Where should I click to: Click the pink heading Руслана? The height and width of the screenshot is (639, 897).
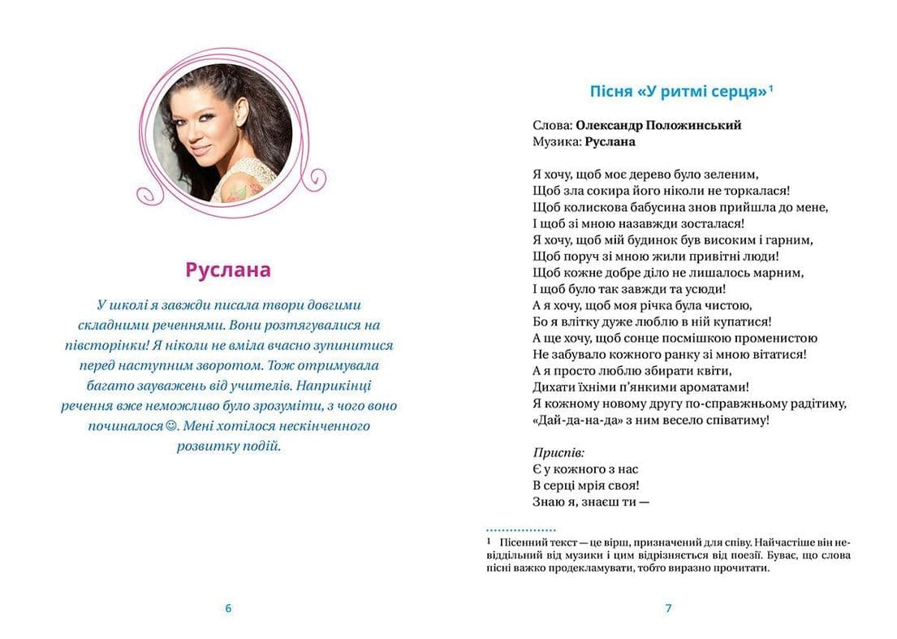point(228,270)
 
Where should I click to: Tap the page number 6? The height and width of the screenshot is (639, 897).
point(228,608)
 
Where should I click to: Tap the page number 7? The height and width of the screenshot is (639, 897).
point(668,608)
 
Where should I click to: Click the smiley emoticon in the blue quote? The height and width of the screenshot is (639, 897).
point(170,425)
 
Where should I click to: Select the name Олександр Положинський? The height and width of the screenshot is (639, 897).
point(658,125)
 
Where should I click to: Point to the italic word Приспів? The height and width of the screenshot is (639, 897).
point(558,452)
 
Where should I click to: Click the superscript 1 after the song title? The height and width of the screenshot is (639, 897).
point(770,89)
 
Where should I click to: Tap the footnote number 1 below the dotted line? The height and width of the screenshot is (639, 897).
point(489,541)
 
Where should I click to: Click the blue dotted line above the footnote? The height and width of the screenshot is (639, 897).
point(520,529)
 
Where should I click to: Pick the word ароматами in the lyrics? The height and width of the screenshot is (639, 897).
point(711,387)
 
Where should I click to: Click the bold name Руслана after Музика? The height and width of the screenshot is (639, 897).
point(609,141)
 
